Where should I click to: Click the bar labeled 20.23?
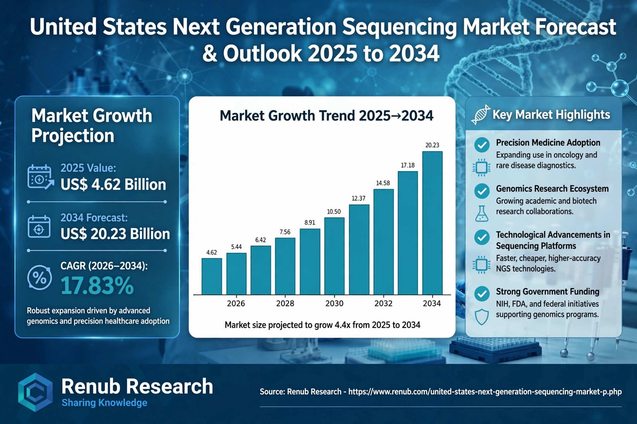coord(432,223)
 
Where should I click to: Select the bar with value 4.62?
coord(212,276)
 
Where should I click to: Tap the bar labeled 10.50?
coord(334,256)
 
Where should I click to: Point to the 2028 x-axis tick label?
coord(285,303)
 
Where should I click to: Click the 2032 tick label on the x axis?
coord(384,303)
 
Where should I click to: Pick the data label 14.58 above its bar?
coord(383,183)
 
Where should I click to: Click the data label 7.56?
coord(285,232)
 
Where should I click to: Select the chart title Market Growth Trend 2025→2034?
coord(326,116)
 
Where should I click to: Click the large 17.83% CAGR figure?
coord(97,286)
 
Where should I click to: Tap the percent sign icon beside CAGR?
coord(39,278)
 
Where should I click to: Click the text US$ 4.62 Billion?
coord(113,185)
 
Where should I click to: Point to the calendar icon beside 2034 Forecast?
coord(39,227)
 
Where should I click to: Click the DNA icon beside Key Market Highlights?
coord(481,115)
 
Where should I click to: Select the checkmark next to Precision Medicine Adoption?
coord(482,145)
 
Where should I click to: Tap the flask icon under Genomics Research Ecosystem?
coord(482,213)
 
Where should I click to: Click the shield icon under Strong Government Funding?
coord(482,317)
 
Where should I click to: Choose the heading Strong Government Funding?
coord(547,291)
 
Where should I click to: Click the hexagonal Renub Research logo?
coord(35,392)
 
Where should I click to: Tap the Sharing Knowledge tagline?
coord(105,403)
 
